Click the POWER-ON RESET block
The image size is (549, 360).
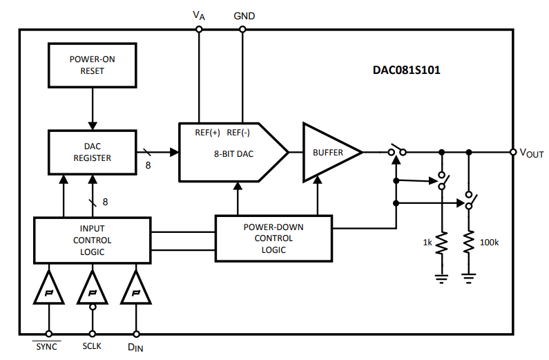(92, 64)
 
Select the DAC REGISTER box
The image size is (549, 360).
(92, 152)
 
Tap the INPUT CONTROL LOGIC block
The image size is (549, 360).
(92, 240)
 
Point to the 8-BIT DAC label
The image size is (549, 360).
(233, 153)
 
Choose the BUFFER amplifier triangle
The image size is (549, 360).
(329, 152)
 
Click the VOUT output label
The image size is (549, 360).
(531, 153)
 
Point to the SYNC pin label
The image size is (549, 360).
(48, 346)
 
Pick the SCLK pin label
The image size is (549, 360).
(92, 346)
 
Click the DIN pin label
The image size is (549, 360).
(136, 347)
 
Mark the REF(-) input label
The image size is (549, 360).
(239, 133)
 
